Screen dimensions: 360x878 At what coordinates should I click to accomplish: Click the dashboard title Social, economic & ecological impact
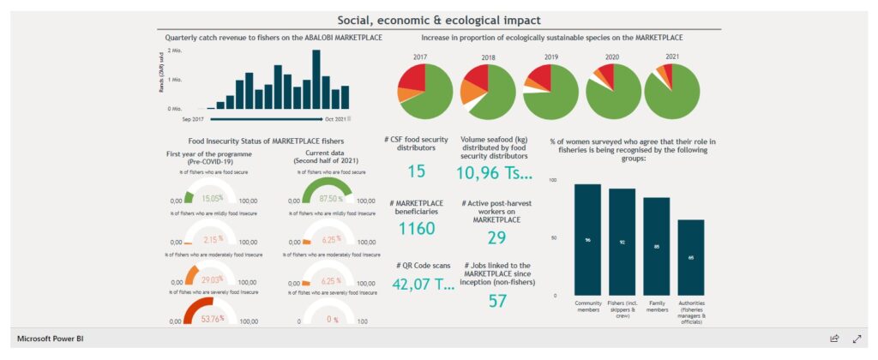(438, 20)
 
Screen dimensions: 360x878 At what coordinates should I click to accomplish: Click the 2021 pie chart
(673, 91)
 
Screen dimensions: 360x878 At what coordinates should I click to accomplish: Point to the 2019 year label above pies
(544, 57)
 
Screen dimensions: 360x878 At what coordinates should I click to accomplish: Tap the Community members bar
(587, 239)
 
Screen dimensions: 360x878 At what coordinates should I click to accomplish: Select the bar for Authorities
(691, 257)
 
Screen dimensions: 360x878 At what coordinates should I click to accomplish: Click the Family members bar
(656, 246)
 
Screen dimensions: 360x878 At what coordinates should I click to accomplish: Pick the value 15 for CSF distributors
(416, 171)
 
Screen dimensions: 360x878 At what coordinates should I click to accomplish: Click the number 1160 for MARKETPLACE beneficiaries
(418, 228)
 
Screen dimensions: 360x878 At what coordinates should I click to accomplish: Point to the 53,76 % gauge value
(211, 319)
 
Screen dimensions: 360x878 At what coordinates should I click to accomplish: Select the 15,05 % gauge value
(211, 198)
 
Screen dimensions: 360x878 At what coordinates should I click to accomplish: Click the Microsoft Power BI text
(51, 339)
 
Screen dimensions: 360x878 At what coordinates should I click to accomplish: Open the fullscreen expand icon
(856, 339)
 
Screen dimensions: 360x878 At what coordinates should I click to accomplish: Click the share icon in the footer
(834, 339)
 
